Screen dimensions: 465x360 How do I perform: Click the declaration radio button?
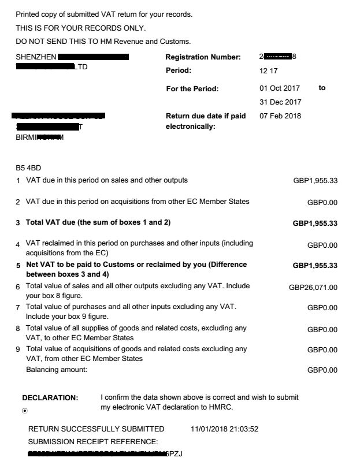click(25, 411)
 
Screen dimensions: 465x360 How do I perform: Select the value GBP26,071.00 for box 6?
click(313, 287)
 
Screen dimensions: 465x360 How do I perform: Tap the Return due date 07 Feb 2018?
click(280, 116)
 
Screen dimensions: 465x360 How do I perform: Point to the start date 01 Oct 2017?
click(280, 88)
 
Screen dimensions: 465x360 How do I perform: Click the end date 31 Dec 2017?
click(280, 102)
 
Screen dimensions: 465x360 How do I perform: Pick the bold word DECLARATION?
click(50, 398)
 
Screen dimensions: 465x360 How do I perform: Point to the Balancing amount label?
click(57, 370)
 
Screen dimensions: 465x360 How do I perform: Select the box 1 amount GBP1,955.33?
click(316, 181)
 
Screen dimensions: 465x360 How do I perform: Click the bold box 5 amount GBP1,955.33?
click(315, 266)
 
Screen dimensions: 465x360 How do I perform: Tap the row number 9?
click(18, 349)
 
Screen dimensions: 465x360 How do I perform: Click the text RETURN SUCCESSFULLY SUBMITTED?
click(96, 429)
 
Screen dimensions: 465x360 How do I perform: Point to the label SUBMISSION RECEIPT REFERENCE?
click(93, 442)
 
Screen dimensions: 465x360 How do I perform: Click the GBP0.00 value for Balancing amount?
click(322, 370)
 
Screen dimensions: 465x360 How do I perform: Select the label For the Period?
click(192, 88)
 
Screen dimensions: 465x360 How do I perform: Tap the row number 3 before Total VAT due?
click(18, 223)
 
